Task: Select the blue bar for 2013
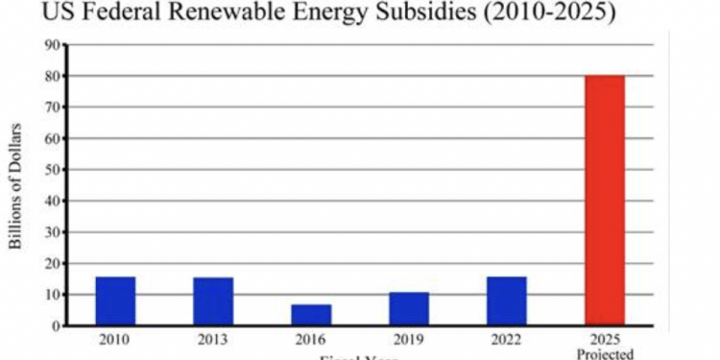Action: coord(213,301)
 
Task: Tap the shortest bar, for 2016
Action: coord(311,315)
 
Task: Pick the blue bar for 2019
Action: coord(409,309)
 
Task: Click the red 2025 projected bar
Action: coord(605,201)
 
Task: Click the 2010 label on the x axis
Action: coord(115,340)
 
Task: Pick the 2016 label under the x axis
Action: coord(311,340)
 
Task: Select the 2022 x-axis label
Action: coord(507,340)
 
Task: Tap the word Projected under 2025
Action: coord(605,353)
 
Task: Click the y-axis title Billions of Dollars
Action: coord(16,185)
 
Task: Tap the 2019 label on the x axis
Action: coord(409,340)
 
